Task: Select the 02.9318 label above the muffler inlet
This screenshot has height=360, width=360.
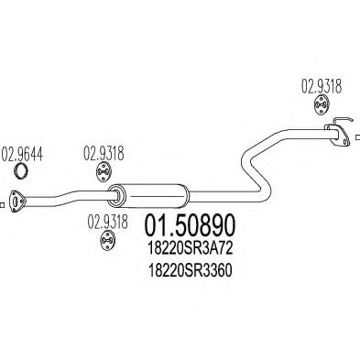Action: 104,152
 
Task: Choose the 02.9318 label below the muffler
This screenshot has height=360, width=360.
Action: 106,220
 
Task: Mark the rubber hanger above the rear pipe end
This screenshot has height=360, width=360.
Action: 322,106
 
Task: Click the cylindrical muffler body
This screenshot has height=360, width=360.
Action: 150,193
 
